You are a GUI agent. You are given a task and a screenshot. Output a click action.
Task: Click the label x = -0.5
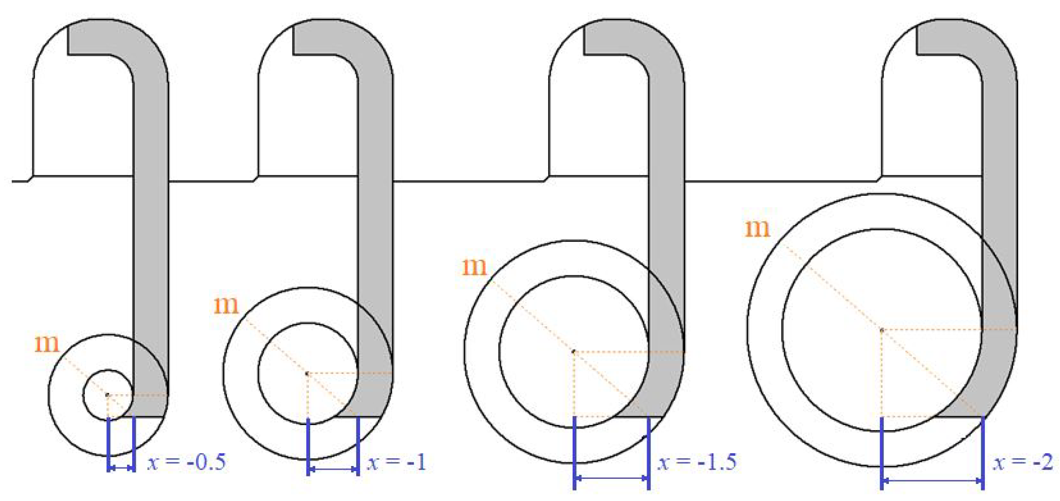click(x=186, y=462)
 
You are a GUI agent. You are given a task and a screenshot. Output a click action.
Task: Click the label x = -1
click(x=396, y=462)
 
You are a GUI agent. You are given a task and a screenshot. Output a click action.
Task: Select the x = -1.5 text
click(x=697, y=462)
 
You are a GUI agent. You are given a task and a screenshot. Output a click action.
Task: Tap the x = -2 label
click(x=1023, y=462)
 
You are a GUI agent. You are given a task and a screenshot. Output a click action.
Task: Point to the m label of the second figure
click(x=226, y=305)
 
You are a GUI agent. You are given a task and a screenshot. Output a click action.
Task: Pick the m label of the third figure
click(x=474, y=267)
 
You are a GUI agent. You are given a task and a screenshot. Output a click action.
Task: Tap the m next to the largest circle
click(x=757, y=229)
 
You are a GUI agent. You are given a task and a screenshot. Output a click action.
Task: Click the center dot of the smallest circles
click(x=107, y=395)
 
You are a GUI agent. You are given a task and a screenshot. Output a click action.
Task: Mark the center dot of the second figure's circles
click(x=307, y=373)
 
